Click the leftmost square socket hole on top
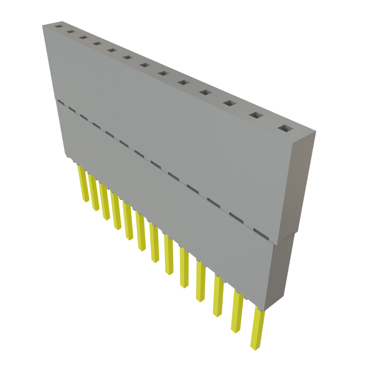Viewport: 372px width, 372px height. click(x=58, y=27)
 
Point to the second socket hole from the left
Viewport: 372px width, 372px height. click(x=70, y=32)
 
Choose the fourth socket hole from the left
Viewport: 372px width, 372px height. click(x=96, y=44)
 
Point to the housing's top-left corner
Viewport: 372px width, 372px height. click(x=43, y=25)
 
